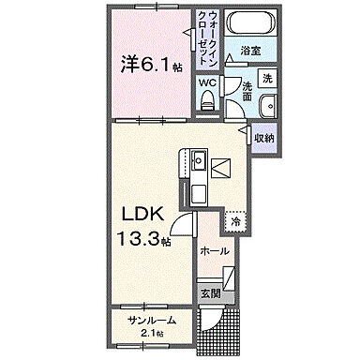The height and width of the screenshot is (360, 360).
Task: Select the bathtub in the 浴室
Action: click(x=249, y=25)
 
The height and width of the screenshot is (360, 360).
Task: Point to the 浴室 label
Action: click(x=248, y=49)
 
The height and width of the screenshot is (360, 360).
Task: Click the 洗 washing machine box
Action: click(x=267, y=76)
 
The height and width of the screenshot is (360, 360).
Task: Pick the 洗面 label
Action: click(x=246, y=90)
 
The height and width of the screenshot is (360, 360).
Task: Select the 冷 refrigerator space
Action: click(x=236, y=222)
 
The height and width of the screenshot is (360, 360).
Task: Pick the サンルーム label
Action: click(x=152, y=321)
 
